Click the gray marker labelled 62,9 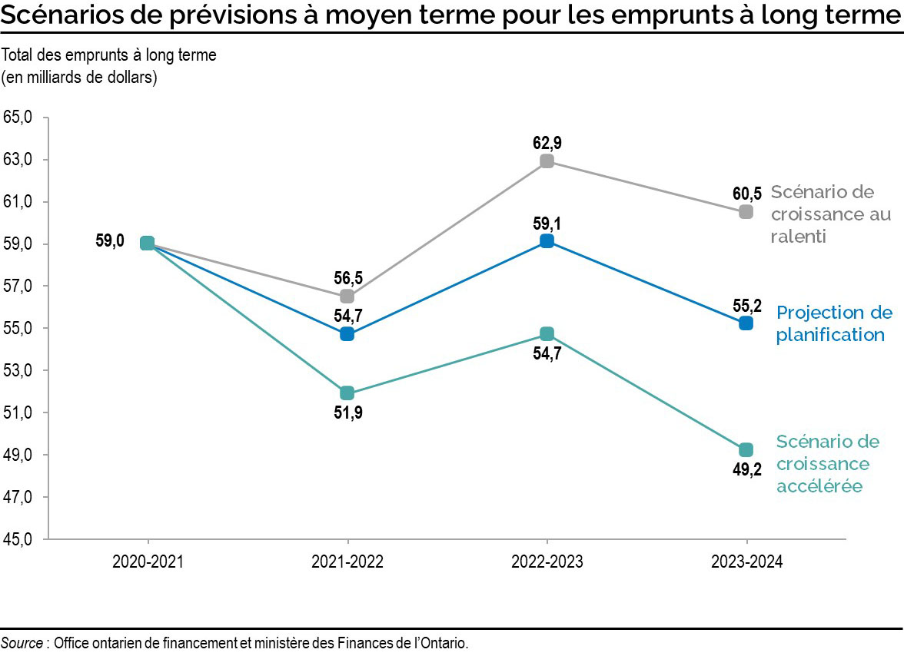[x=547, y=161]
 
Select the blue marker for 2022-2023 [x=547, y=241]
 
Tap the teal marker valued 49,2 [x=746, y=449]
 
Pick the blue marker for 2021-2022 [x=347, y=333]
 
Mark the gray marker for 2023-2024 [x=746, y=211]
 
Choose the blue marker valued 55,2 [x=746, y=323]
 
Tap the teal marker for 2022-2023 [x=547, y=333]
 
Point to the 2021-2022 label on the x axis [x=347, y=562]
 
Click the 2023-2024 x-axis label [x=746, y=562]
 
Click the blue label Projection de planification [x=834, y=323]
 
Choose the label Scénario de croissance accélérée [x=827, y=463]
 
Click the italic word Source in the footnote [x=22, y=643]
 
